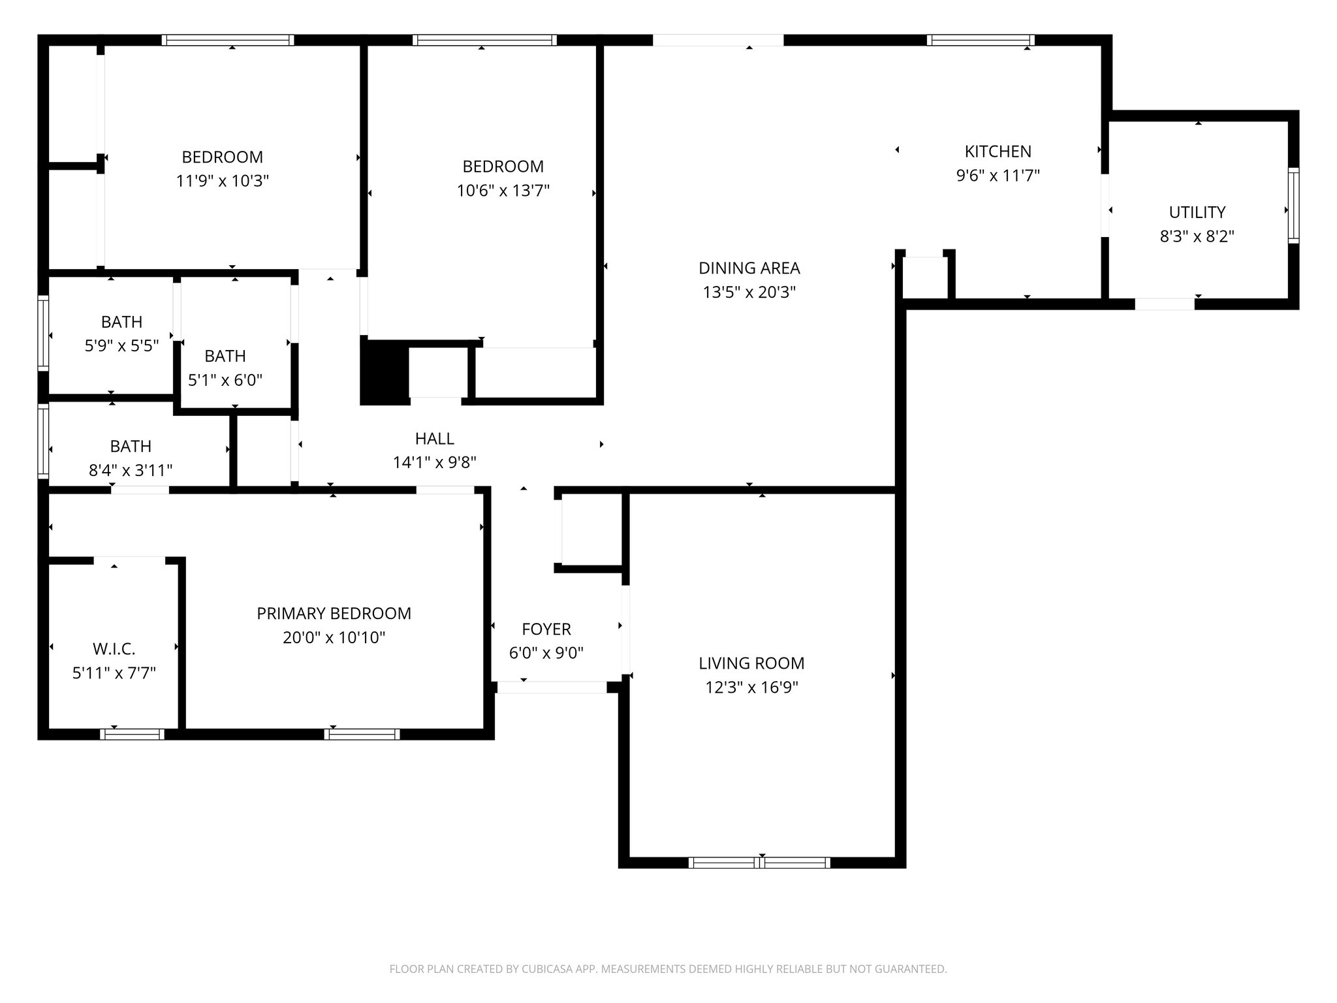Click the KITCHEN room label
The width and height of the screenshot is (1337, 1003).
998,151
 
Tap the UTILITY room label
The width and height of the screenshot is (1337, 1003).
1197,212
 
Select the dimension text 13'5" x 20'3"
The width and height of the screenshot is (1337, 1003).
749,293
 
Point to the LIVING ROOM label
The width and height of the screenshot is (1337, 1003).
751,663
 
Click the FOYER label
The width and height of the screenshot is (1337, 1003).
546,629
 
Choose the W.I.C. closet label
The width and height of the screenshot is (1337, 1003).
114,649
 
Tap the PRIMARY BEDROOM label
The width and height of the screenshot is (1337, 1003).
334,614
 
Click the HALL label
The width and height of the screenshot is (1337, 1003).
434,439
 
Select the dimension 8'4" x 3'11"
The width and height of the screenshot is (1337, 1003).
131,470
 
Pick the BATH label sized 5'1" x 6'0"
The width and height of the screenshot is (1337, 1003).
225,357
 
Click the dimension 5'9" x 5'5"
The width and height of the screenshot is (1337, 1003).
122,346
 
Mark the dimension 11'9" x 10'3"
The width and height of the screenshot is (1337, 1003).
222,181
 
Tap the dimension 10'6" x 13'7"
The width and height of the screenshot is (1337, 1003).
503,191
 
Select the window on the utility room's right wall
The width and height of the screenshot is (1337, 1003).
1293,206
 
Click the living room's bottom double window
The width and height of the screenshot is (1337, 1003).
759,863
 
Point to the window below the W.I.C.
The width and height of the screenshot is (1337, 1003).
132,734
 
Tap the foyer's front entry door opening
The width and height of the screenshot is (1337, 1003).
552,687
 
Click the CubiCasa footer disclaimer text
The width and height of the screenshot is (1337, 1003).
668,969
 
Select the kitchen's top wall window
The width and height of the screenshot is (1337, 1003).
981,40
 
